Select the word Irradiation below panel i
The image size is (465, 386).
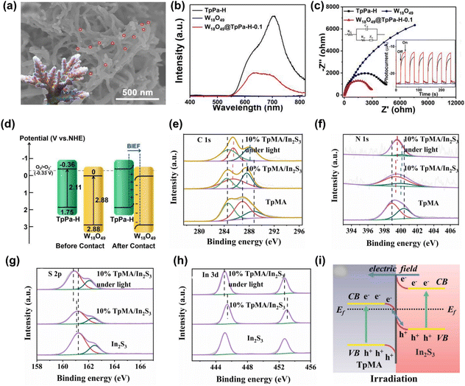(x=388, y=379)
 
